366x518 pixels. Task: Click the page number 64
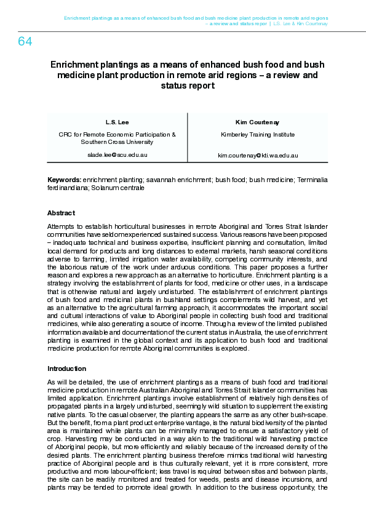point(25,42)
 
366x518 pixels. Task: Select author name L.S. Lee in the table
point(117,122)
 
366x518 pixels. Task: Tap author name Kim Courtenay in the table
point(257,122)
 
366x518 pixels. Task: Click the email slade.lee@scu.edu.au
point(117,155)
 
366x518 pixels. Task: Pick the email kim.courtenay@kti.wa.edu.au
point(258,156)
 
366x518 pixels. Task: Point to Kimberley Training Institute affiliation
point(257,134)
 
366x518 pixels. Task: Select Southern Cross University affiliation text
point(117,141)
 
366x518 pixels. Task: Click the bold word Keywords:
point(65,180)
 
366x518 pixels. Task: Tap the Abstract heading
point(61,213)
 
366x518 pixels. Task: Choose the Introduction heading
point(66,369)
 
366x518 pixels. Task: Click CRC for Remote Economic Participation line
point(117,134)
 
